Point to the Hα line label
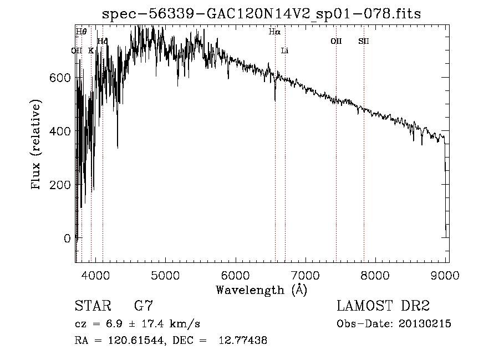(274, 32)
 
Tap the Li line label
(285, 50)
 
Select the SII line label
(364, 41)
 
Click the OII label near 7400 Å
(336, 41)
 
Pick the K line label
(91, 50)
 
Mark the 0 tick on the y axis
(67, 238)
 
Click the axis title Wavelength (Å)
(261, 290)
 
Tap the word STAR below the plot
(92, 306)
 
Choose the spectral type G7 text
(144, 306)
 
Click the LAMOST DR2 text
(383, 306)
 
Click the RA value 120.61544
(136, 341)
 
